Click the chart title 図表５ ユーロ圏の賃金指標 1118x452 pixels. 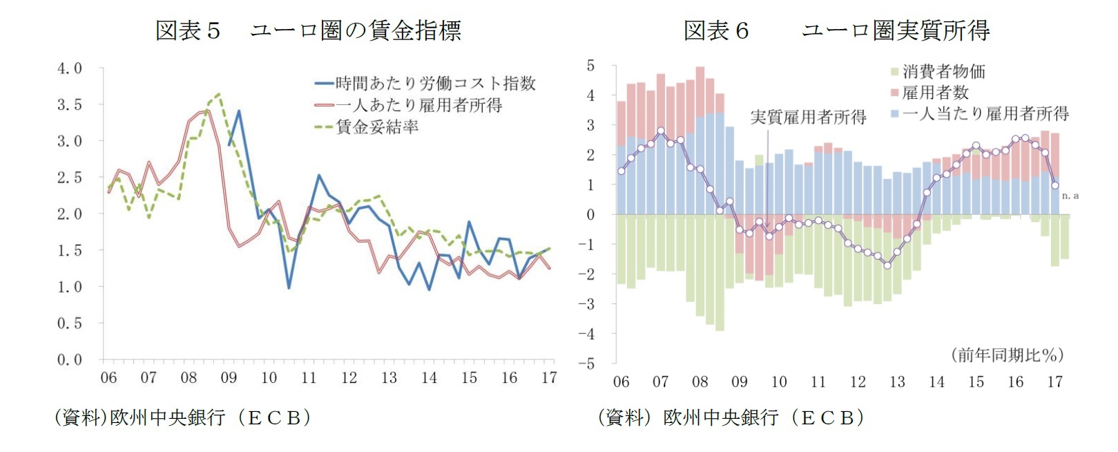tap(307, 30)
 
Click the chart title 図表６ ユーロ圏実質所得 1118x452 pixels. tap(836, 30)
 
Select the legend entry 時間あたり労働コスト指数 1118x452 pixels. tap(435, 84)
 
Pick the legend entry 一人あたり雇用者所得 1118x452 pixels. tap(418, 105)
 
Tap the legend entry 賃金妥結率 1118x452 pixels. tap(377, 126)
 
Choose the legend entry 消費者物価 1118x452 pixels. tap(943, 71)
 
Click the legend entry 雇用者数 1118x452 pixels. tap(935, 92)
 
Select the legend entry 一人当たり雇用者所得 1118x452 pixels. tap(985, 113)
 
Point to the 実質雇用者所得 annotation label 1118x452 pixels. tap(808, 117)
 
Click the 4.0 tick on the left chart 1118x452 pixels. tap(69, 68)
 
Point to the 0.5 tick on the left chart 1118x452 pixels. tap(69, 323)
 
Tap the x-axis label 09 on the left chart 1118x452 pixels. tap(229, 378)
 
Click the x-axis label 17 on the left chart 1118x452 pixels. tap(549, 378)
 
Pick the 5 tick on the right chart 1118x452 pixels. tap(591, 66)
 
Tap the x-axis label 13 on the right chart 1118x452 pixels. tap(897, 382)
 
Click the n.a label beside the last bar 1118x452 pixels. tap(1070, 196)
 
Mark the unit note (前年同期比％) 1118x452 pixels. tap(1008, 355)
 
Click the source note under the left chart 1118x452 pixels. tap(183, 417)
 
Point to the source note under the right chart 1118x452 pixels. tap(731, 417)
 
